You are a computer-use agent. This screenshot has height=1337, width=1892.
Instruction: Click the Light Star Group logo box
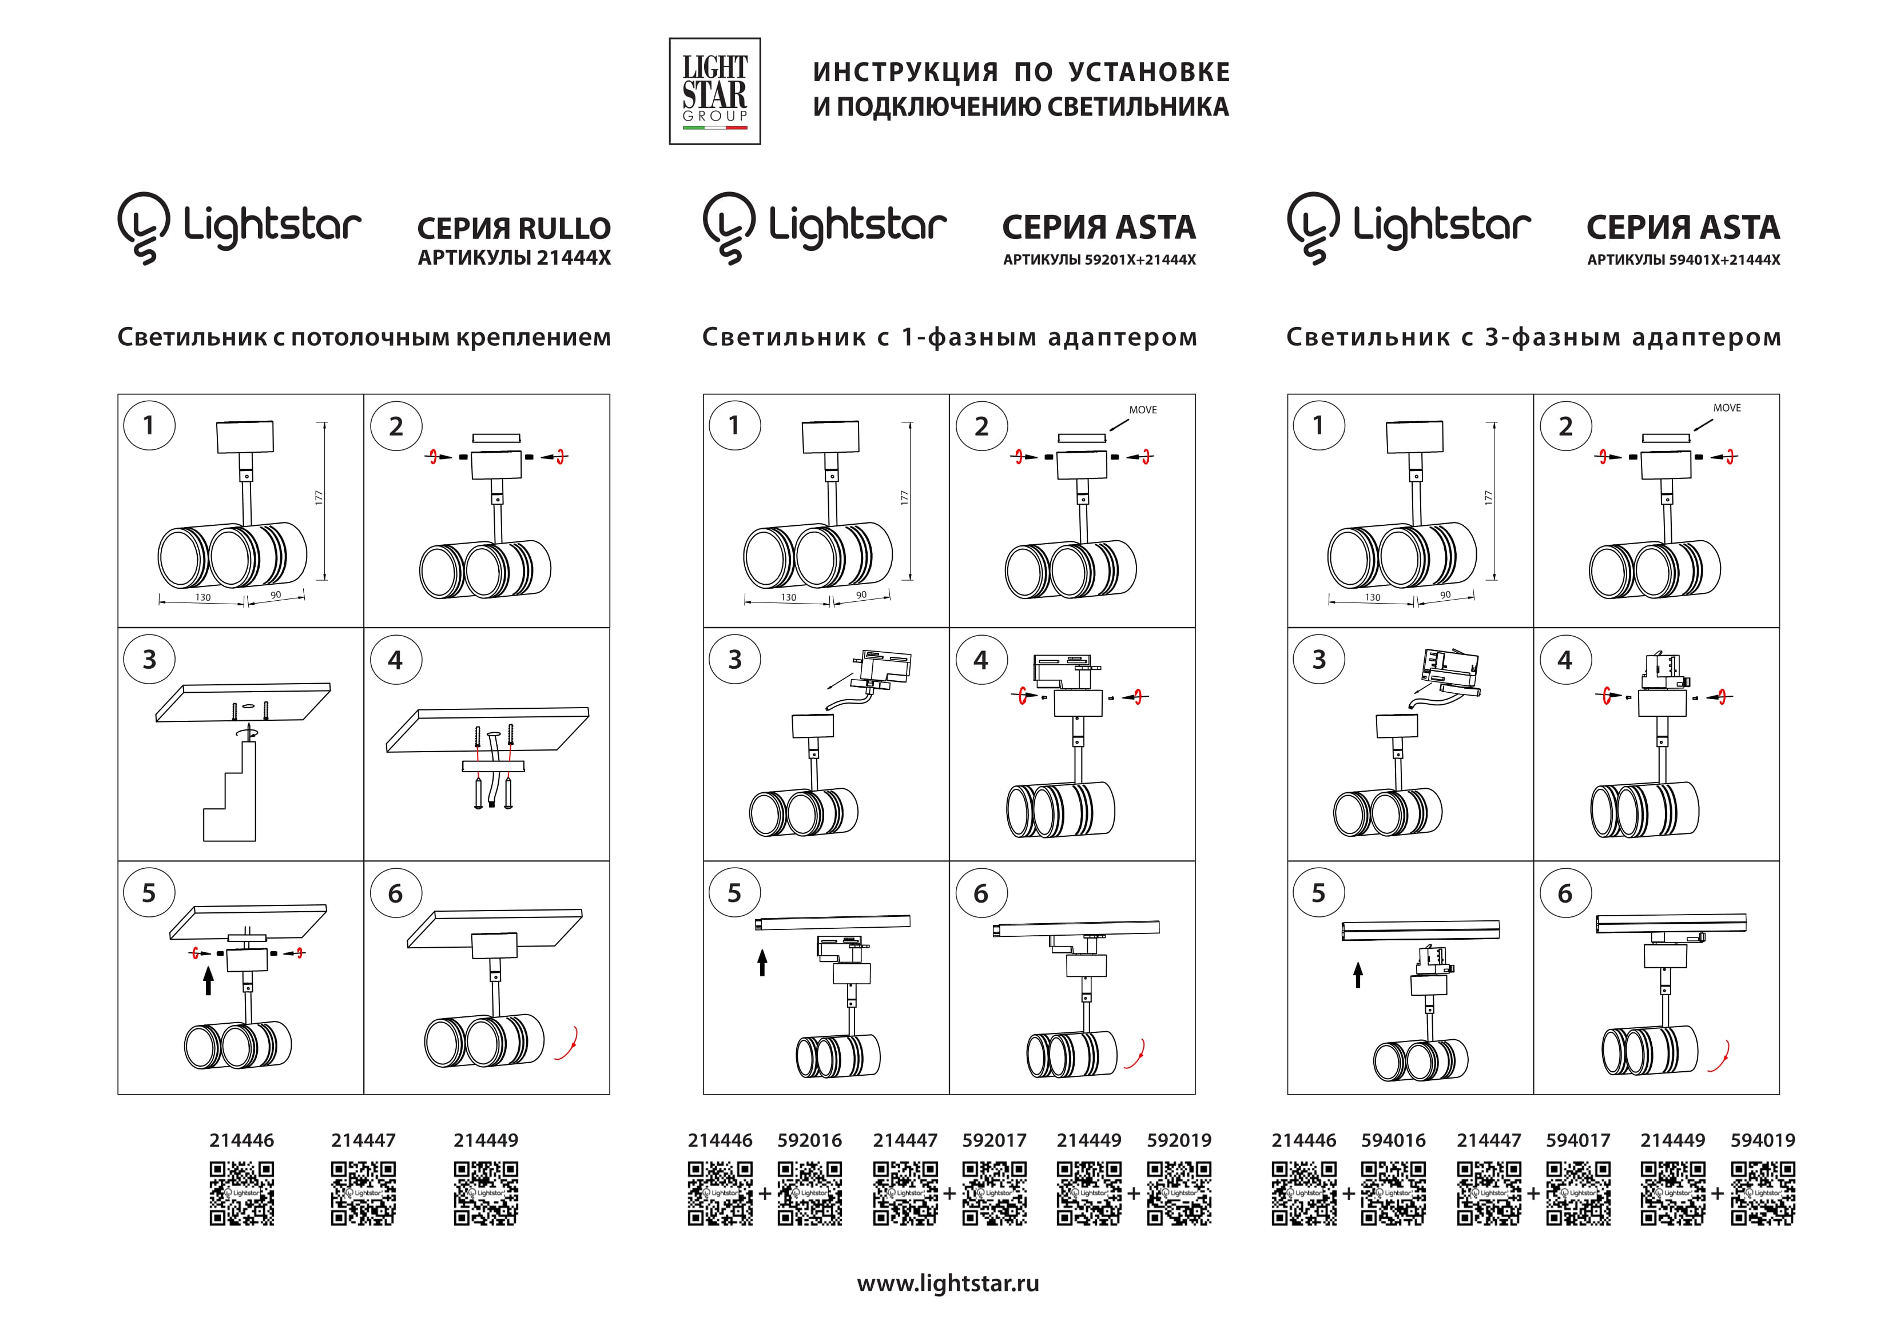(714, 91)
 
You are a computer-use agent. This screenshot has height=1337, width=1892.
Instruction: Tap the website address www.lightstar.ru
(948, 1283)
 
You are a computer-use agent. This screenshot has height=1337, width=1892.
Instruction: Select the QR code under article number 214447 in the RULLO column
(363, 1193)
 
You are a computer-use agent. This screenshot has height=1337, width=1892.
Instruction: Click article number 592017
(994, 1140)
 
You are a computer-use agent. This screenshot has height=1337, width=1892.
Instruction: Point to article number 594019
(1763, 1140)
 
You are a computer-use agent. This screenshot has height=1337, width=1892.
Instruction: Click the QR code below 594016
(1393, 1193)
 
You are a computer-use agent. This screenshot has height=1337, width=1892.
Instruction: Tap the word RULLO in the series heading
(565, 228)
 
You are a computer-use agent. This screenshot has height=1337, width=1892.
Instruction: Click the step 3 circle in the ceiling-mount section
(149, 659)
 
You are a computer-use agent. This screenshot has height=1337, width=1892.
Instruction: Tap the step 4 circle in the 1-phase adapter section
(981, 660)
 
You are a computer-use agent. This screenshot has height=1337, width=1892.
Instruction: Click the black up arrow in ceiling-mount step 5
(209, 980)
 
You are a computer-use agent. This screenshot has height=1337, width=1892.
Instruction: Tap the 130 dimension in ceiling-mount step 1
(202, 597)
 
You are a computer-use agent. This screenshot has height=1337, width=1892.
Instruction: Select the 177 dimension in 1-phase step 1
(904, 497)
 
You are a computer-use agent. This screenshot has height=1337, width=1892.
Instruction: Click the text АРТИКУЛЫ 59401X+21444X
(1683, 260)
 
